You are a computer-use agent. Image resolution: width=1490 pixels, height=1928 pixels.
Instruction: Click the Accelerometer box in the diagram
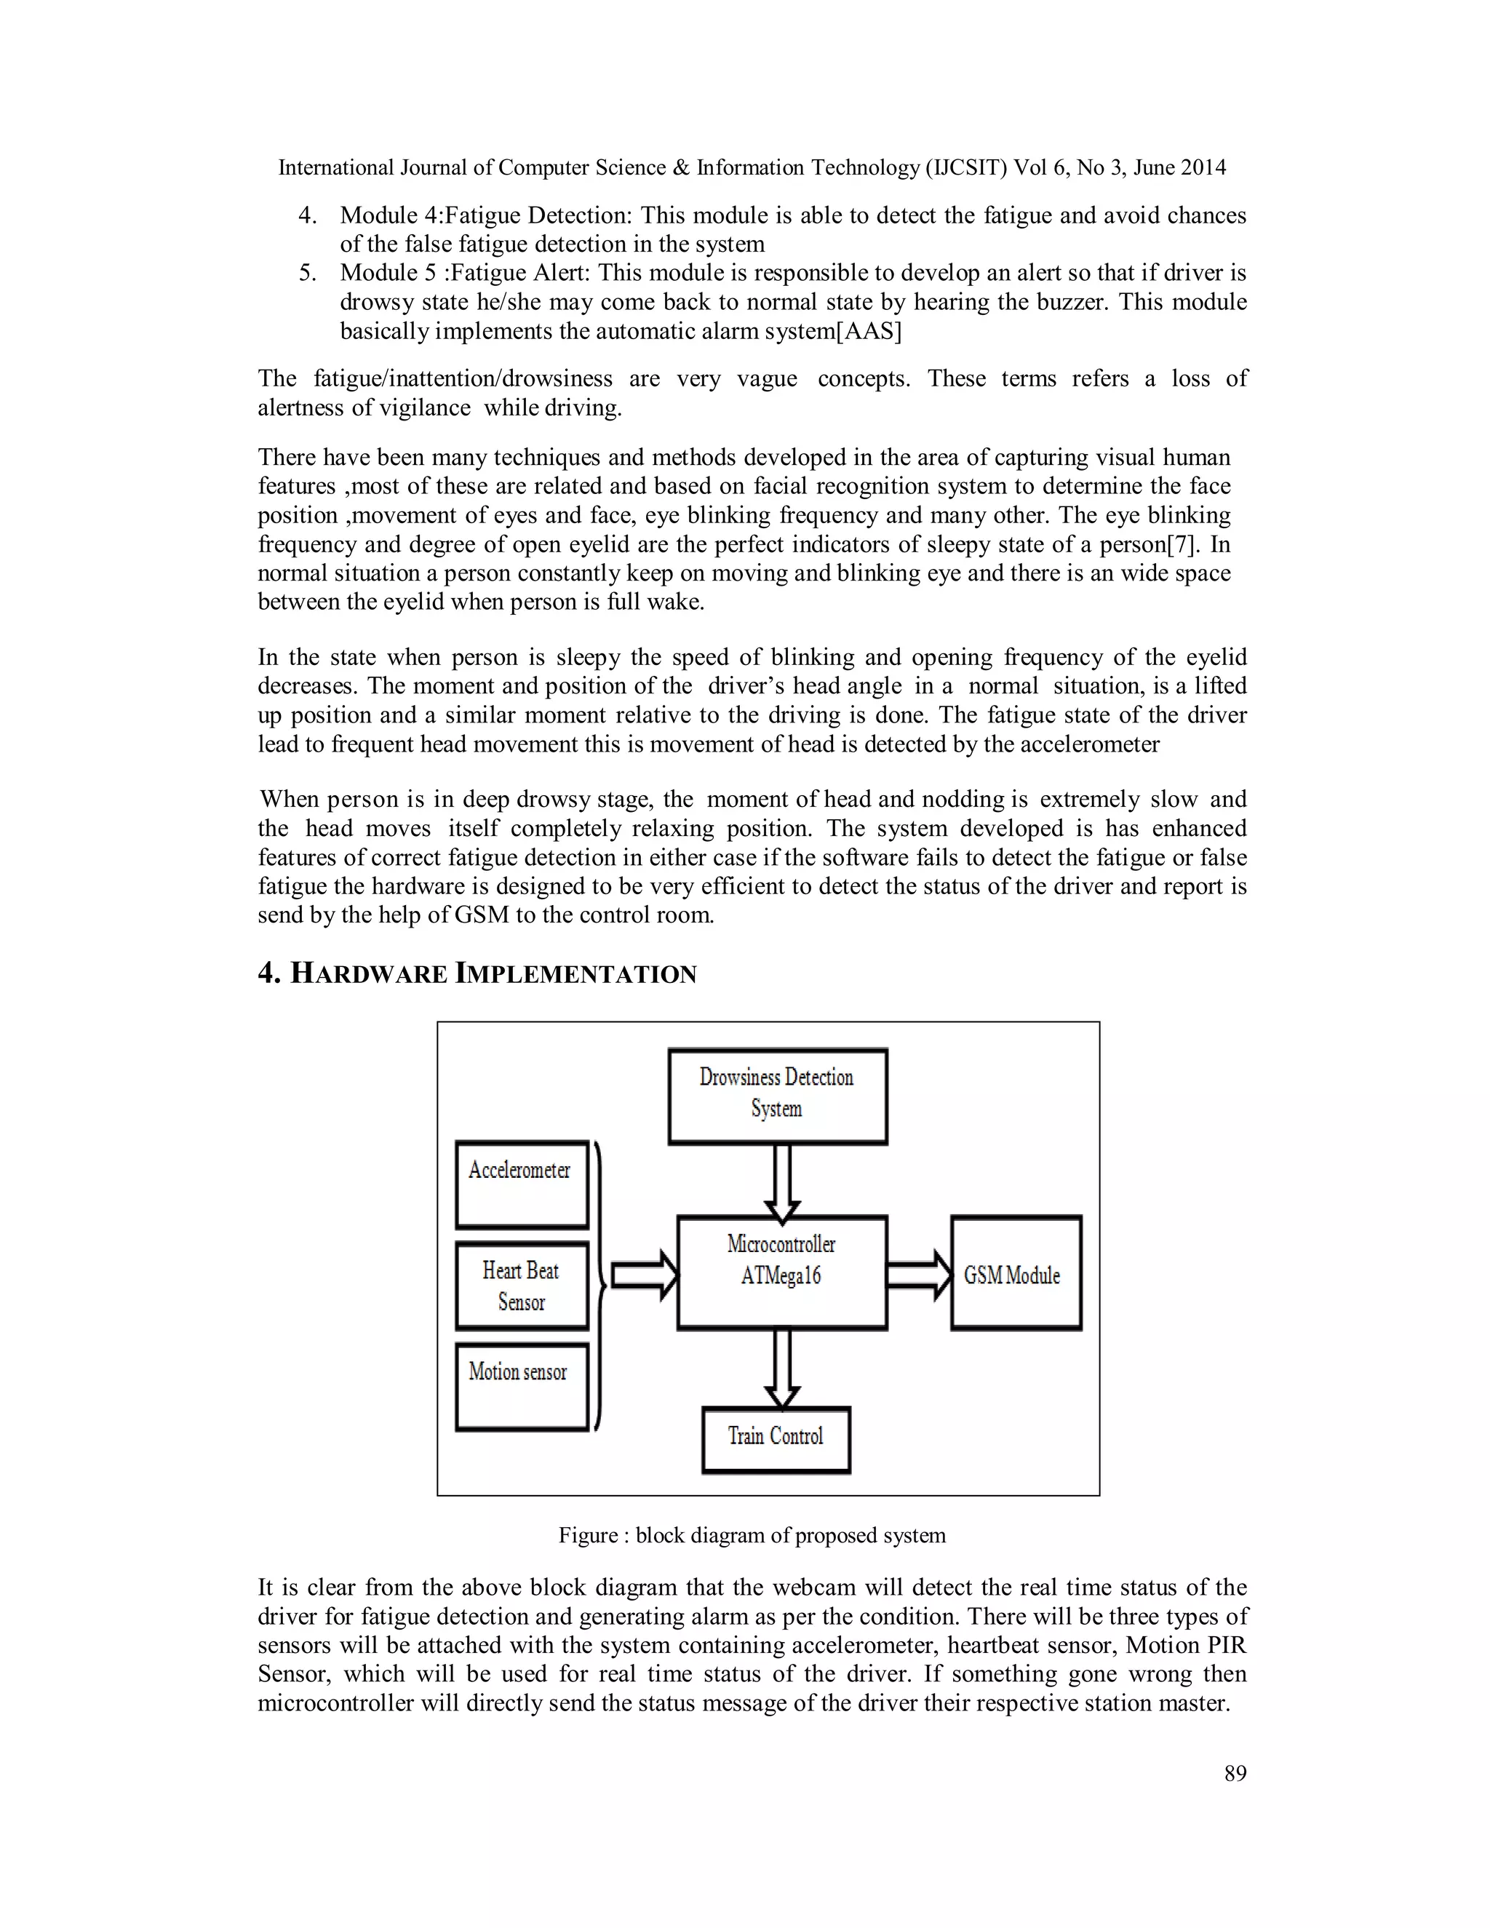522,1184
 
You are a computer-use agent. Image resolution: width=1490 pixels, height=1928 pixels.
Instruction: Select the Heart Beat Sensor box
522,1286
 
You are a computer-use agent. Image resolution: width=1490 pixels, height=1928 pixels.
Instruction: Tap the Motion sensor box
522,1386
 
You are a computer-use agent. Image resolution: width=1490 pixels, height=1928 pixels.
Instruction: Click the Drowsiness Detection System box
777,1096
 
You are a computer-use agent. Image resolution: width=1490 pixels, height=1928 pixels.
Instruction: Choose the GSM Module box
1015,1273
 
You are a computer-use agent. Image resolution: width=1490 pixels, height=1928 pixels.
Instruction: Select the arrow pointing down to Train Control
781,1368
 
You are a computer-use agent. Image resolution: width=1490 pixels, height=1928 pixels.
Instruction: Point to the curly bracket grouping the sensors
600,1284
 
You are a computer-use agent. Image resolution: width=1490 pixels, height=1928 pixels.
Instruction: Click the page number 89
1235,1774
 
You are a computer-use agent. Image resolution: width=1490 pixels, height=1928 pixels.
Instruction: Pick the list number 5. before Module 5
307,273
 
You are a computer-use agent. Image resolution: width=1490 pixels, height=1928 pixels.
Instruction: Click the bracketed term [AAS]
869,331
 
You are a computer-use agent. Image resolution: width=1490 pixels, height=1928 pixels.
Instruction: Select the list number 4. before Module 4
307,215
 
